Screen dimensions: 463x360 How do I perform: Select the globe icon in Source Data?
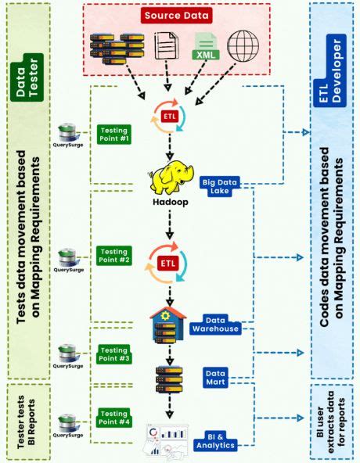243,45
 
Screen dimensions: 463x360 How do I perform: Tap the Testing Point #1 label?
113,135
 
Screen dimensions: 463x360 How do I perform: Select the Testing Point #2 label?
113,257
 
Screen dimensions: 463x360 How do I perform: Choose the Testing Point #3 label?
114,354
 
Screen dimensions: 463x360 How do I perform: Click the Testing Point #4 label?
114,418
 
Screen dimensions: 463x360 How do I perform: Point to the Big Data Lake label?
220,186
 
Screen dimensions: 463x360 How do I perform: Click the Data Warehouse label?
221,325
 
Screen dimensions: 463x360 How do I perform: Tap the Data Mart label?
216,379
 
